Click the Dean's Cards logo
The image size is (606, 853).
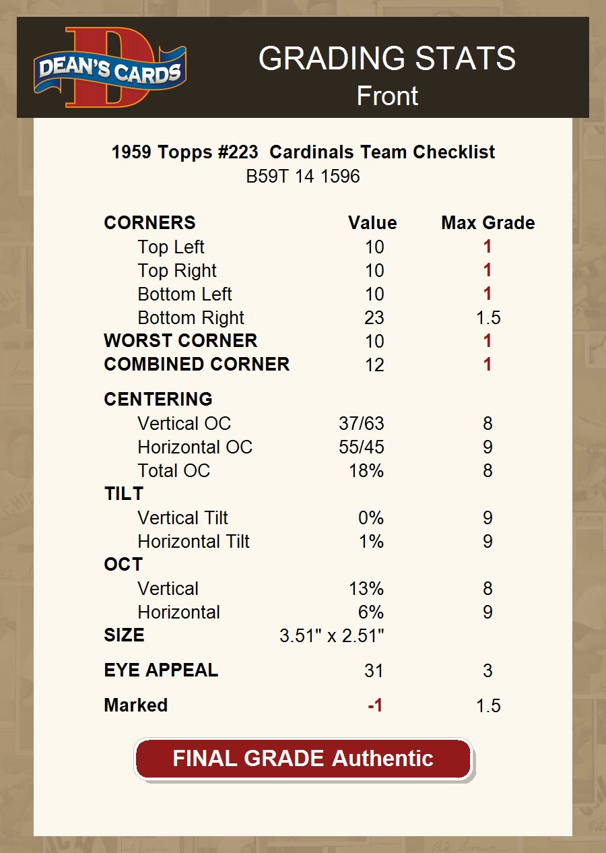click(x=110, y=67)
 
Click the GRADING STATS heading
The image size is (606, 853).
click(x=387, y=59)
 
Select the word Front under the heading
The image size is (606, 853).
click(x=387, y=96)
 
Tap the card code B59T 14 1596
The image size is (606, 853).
click(x=303, y=177)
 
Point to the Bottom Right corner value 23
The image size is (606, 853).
click(x=374, y=318)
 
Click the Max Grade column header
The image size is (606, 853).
click(x=488, y=223)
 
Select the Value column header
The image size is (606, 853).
click(x=372, y=223)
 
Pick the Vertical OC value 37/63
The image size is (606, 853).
click(x=362, y=424)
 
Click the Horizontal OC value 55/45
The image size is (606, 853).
click(x=362, y=447)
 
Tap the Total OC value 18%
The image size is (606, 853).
click(x=366, y=471)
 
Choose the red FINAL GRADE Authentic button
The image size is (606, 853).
click(x=303, y=759)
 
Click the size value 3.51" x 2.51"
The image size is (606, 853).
click(x=331, y=635)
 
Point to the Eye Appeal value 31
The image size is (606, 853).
click(x=374, y=671)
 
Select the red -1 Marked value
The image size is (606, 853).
click(x=375, y=705)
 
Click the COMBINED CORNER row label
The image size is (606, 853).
click(x=197, y=365)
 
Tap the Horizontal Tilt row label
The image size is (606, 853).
click(x=193, y=542)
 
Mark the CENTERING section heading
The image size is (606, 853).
click(x=158, y=399)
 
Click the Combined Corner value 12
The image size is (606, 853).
click(x=374, y=365)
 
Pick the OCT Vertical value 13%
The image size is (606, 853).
click(x=366, y=589)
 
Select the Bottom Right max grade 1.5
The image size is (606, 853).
click(x=488, y=318)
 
